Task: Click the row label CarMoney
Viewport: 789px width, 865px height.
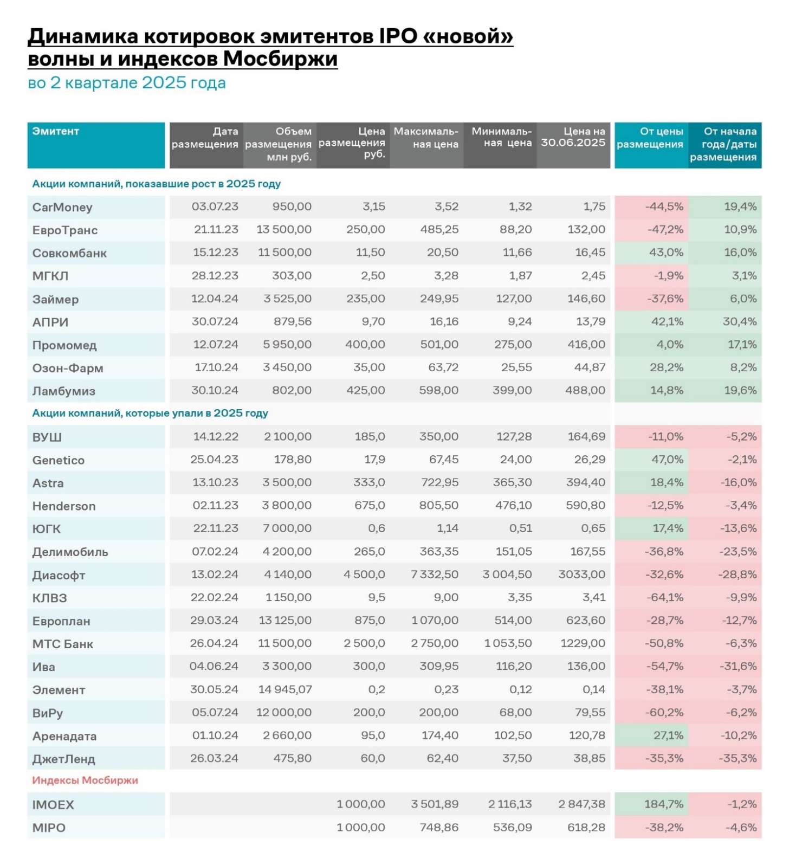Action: [x=62, y=207]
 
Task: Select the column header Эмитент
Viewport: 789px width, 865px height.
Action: [x=56, y=131]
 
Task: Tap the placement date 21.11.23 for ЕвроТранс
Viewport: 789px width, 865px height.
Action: [x=216, y=229]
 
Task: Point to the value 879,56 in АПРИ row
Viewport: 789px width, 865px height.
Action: [x=293, y=321]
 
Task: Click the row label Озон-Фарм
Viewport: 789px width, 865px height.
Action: [x=68, y=368]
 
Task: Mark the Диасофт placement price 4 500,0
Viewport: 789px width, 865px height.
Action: [x=364, y=574]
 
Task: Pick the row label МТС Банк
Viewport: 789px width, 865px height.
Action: [x=63, y=644]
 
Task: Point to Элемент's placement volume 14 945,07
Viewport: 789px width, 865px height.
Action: [x=285, y=689]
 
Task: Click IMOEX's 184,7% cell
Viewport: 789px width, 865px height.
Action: [x=663, y=804]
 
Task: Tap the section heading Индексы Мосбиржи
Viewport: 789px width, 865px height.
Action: [x=85, y=780]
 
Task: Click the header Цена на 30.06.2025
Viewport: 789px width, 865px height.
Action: [x=573, y=137]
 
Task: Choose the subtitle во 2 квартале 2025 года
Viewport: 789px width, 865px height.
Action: [x=127, y=83]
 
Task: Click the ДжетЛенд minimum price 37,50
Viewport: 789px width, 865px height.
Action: [x=516, y=758]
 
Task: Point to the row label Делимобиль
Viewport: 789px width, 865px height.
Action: [x=70, y=552]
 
